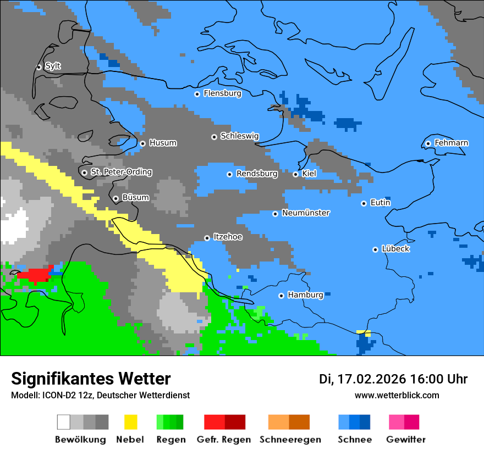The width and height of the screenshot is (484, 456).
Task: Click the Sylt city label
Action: point(53,66)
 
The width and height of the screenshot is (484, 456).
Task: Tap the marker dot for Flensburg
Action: point(197,94)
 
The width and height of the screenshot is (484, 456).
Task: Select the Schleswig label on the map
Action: point(239,136)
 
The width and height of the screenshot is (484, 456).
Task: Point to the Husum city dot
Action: point(142,143)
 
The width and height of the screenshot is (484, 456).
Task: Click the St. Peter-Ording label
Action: point(121,172)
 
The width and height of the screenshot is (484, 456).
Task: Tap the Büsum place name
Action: point(135,197)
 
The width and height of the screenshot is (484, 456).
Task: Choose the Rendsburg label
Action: point(256,174)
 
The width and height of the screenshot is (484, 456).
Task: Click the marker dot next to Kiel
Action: point(295,174)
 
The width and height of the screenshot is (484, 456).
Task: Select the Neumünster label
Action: point(305,213)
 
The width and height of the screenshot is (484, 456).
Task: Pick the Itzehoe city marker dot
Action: point(207,238)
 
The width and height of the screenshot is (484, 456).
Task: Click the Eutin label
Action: point(380,203)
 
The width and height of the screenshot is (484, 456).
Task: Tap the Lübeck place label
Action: point(395,249)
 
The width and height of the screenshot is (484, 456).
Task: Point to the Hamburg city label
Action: point(305,295)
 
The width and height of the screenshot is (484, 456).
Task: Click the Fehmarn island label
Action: point(451,143)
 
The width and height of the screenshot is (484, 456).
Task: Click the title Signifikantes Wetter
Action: point(91,379)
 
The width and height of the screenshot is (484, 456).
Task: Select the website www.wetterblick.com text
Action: point(397,395)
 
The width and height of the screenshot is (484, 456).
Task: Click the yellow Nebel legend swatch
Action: point(130,422)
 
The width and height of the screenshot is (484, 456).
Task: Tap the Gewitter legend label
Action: point(405,440)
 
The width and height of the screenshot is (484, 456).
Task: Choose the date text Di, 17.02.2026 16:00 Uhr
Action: point(393,379)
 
